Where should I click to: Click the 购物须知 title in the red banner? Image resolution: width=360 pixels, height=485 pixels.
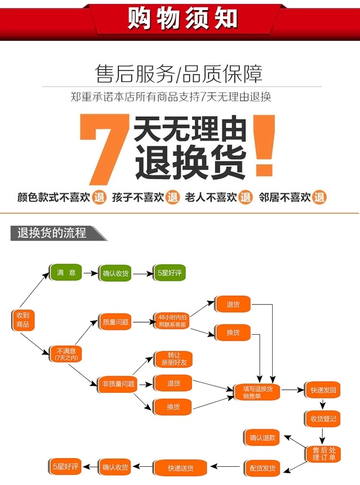click(182, 19)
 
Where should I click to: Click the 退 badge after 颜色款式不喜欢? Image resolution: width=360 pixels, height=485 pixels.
click(99, 197)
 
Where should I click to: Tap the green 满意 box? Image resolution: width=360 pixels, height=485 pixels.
click(66, 273)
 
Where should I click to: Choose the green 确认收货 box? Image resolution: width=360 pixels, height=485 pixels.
click(116, 273)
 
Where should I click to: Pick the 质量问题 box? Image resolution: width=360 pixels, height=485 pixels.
click(116, 322)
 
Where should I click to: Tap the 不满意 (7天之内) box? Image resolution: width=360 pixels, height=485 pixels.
click(66, 354)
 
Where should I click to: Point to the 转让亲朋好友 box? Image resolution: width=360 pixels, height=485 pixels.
click(173, 359)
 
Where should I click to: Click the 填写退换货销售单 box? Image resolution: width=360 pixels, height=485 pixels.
click(257, 392)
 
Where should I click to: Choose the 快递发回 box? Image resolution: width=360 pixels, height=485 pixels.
click(323, 390)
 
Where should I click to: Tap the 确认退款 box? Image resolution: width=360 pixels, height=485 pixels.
click(263, 437)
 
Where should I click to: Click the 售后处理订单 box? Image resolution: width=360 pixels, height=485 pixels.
click(323, 453)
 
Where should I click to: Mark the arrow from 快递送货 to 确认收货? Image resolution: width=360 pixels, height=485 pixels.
click(142, 467)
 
